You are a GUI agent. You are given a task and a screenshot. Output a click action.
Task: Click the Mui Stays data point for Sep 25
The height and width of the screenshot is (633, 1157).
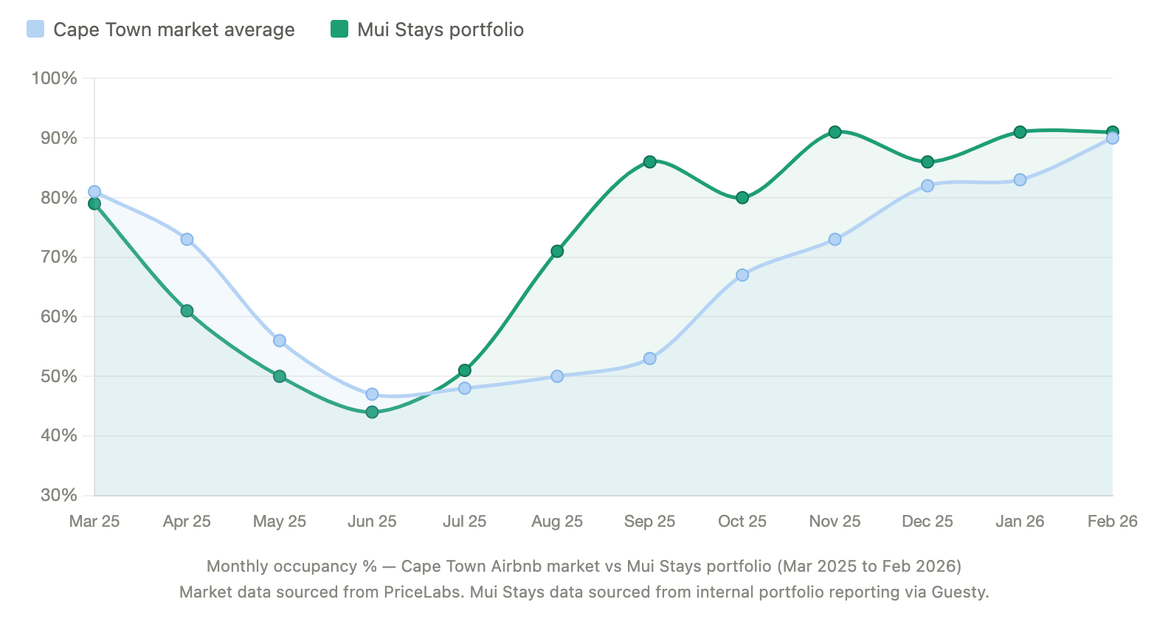tap(649, 162)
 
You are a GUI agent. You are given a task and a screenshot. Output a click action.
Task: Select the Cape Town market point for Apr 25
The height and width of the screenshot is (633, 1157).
tap(187, 239)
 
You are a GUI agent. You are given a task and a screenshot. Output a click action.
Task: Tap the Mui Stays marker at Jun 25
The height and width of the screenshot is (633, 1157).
tap(372, 412)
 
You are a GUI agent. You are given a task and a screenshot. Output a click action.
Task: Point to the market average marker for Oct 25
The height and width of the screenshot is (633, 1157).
tap(742, 275)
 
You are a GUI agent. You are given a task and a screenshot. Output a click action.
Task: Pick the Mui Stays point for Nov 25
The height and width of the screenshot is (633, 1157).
tap(835, 132)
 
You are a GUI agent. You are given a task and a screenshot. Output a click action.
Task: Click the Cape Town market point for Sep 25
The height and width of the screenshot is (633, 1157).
tap(649, 359)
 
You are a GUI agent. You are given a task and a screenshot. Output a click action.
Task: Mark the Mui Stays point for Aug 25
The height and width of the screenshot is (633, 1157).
tap(557, 251)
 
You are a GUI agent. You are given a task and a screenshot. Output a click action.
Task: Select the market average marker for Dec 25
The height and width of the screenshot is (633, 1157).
tap(928, 185)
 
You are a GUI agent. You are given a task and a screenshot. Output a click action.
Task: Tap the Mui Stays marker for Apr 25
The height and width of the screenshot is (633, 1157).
tap(187, 311)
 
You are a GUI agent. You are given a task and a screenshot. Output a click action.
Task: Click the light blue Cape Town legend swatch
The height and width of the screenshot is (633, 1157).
tap(35, 29)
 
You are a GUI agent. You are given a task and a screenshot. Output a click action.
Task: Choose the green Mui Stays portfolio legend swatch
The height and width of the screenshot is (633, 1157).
tap(339, 29)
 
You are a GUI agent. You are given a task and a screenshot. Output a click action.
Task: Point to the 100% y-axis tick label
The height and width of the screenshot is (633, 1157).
tap(54, 78)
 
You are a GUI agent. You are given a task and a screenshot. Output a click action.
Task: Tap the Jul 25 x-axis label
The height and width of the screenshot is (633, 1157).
tap(464, 522)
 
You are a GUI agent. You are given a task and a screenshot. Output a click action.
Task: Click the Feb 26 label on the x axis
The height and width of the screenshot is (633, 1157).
tap(1112, 522)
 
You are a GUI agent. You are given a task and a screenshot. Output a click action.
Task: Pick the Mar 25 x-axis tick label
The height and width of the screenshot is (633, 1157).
tap(94, 522)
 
